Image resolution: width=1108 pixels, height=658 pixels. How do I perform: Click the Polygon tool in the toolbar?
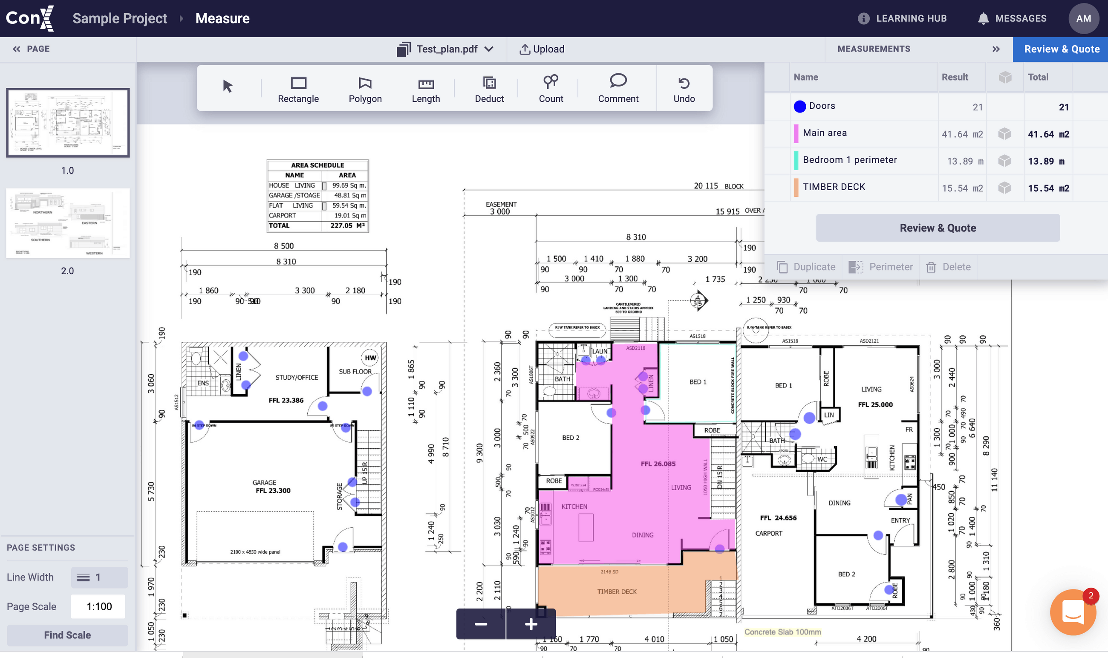pyautogui.click(x=365, y=89)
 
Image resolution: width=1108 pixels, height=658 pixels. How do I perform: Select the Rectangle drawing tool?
pyautogui.click(x=298, y=89)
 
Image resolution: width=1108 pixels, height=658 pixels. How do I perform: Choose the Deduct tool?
pyautogui.click(x=489, y=89)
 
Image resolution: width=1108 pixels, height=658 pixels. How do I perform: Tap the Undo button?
pyautogui.click(x=684, y=89)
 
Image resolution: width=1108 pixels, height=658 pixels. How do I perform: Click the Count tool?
pyautogui.click(x=551, y=89)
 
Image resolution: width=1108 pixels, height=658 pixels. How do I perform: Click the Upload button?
pyautogui.click(x=542, y=49)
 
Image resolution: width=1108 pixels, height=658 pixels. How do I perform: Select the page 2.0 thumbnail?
pyautogui.click(x=68, y=223)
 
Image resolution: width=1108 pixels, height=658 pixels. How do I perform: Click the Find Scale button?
pyautogui.click(x=67, y=635)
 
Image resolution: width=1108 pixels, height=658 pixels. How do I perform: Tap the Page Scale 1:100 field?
pyautogui.click(x=98, y=606)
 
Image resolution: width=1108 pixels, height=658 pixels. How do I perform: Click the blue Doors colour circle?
pyautogui.click(x=799, y=107)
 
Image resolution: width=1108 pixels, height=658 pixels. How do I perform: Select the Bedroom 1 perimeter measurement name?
pyautogui.click(x=849, y=160)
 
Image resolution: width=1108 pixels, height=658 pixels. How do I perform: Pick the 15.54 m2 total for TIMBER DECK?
pyautogui.click(x=1048, y=188)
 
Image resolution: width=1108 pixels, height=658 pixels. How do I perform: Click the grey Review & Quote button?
pyautogui.click(x=937, y=228)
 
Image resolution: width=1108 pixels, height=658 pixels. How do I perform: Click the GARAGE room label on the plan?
pyautogui.click(x=264, y=482)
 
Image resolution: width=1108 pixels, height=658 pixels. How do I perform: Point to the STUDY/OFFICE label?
pyautogui.click(x=297, y=377)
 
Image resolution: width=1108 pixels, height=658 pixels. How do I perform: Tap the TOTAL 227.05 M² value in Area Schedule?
pyautogui.click(x=347, y=226)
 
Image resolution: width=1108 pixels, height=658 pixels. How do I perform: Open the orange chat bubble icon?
pyautogui.click(x=1073, y=612)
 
